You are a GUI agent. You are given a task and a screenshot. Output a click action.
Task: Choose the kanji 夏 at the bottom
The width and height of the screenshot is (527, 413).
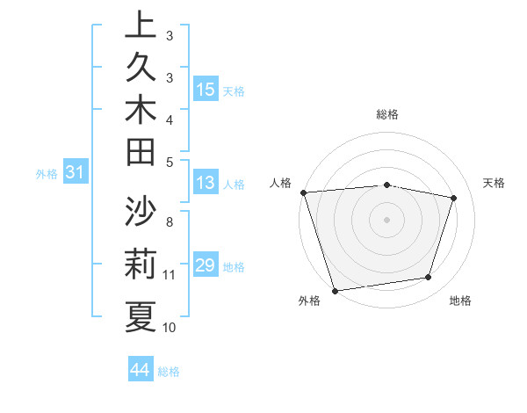pos(141,316)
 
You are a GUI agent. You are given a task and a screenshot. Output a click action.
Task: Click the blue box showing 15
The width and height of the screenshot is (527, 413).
pos(206,90)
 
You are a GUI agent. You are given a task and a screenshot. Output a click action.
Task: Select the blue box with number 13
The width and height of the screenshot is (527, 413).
pos(206,184)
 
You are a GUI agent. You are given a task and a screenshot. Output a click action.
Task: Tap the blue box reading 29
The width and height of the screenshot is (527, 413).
pos(206,265)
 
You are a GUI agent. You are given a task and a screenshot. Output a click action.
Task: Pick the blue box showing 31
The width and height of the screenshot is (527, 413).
pos(76,173)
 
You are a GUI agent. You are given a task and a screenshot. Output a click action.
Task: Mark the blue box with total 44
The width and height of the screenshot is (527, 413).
pos(140,371)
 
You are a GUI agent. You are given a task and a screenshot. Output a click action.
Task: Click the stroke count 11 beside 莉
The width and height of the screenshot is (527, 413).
pos(170,275)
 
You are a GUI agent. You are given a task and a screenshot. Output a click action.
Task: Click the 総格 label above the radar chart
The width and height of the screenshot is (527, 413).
pos(386,114)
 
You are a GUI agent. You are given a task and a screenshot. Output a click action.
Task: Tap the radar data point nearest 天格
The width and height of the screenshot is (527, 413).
pos(453,198)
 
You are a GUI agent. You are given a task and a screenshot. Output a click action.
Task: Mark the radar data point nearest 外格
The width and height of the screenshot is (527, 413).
pos(335,290)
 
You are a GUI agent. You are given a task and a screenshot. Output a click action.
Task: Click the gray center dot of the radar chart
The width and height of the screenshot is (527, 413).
pos(386,219)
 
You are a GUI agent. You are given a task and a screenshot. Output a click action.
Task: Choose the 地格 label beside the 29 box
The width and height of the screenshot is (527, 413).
pos(234,266)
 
